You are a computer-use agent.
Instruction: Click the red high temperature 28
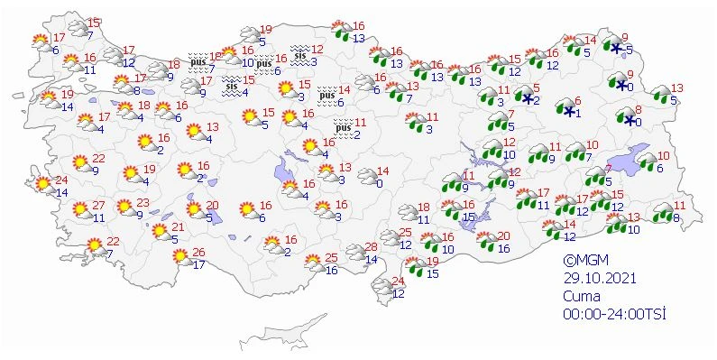coord(370,248)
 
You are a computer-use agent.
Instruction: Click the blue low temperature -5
coord(629,50)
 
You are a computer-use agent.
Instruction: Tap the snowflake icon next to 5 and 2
coord(527,97)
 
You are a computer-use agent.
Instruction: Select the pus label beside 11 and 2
coord(341,129)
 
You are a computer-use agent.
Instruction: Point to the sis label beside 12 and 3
coord(299,52)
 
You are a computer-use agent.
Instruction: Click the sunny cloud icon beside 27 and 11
coord(79,211)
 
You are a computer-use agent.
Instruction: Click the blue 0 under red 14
coord(381,183)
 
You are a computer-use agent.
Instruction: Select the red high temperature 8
coord(638,108)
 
